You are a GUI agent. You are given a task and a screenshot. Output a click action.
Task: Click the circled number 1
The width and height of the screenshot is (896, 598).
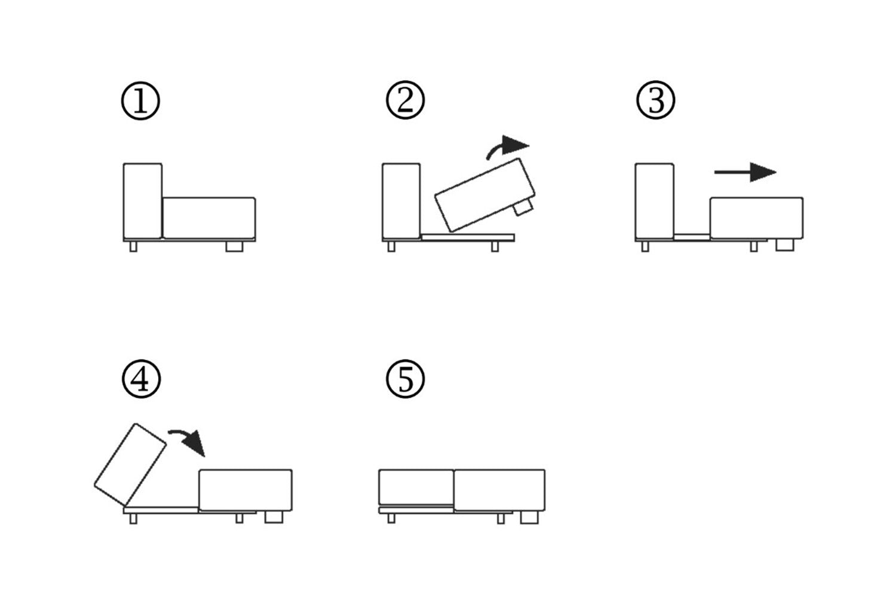coord(140,101)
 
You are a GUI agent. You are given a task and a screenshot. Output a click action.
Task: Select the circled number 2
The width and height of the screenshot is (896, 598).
coord(405,100)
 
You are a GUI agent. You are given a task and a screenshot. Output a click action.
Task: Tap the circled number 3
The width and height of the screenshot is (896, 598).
coord(656,100)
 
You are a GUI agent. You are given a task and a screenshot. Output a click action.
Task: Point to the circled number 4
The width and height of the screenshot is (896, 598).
coord(141,379)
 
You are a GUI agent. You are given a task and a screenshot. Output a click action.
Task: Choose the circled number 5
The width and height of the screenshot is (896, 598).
coord(406,379)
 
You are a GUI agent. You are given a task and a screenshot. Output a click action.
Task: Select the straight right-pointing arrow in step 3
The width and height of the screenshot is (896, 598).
coord(745,172)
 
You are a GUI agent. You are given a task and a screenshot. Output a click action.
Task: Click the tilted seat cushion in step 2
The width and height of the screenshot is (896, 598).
coord(485,194)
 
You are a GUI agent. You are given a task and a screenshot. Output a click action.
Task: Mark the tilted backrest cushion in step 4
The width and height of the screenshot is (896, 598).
coord(130,464)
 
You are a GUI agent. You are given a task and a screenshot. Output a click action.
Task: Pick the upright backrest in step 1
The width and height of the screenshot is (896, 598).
coord(142,200)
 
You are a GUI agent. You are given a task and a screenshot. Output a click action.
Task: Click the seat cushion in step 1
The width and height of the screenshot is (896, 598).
coord(209,218)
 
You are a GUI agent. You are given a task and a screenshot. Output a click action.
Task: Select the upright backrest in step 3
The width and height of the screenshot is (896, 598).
coord(654,200)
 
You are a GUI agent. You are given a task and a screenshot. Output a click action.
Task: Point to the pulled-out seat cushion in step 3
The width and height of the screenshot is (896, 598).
coord(756,218)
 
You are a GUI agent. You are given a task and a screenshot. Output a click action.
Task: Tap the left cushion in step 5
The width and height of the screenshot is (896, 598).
coord(416,487)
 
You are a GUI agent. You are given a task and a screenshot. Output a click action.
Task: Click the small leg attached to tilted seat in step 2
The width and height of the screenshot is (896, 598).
coord(523,208)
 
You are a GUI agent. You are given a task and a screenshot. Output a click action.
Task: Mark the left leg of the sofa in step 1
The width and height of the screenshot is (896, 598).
coord(133,246)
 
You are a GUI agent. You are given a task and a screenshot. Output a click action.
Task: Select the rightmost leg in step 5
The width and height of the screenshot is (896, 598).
coord(529,517)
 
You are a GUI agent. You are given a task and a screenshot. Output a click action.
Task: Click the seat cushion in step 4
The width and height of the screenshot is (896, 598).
coord(246,490)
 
